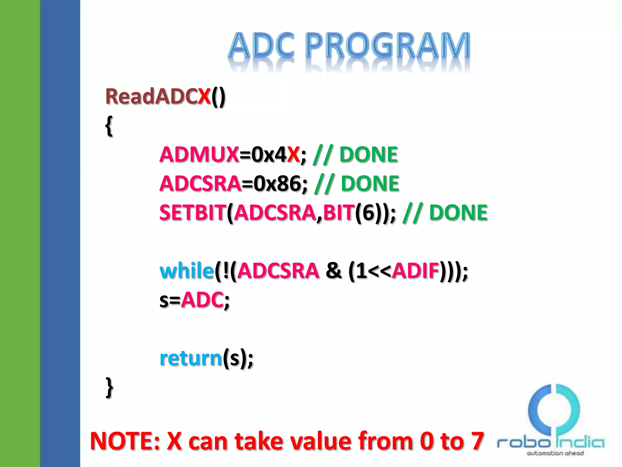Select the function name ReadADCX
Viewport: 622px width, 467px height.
[158, 96]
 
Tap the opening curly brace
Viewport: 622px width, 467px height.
[109, 126]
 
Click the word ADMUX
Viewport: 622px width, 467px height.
[199, 154]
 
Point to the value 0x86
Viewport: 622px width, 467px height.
[277, 184]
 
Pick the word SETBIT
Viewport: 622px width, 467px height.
[193, 213]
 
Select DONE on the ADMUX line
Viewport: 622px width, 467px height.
[368, 154]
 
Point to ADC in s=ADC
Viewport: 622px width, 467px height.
[202, 300]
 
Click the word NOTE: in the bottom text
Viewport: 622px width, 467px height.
[125, 441]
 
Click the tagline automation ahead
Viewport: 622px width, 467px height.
[555, 453]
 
